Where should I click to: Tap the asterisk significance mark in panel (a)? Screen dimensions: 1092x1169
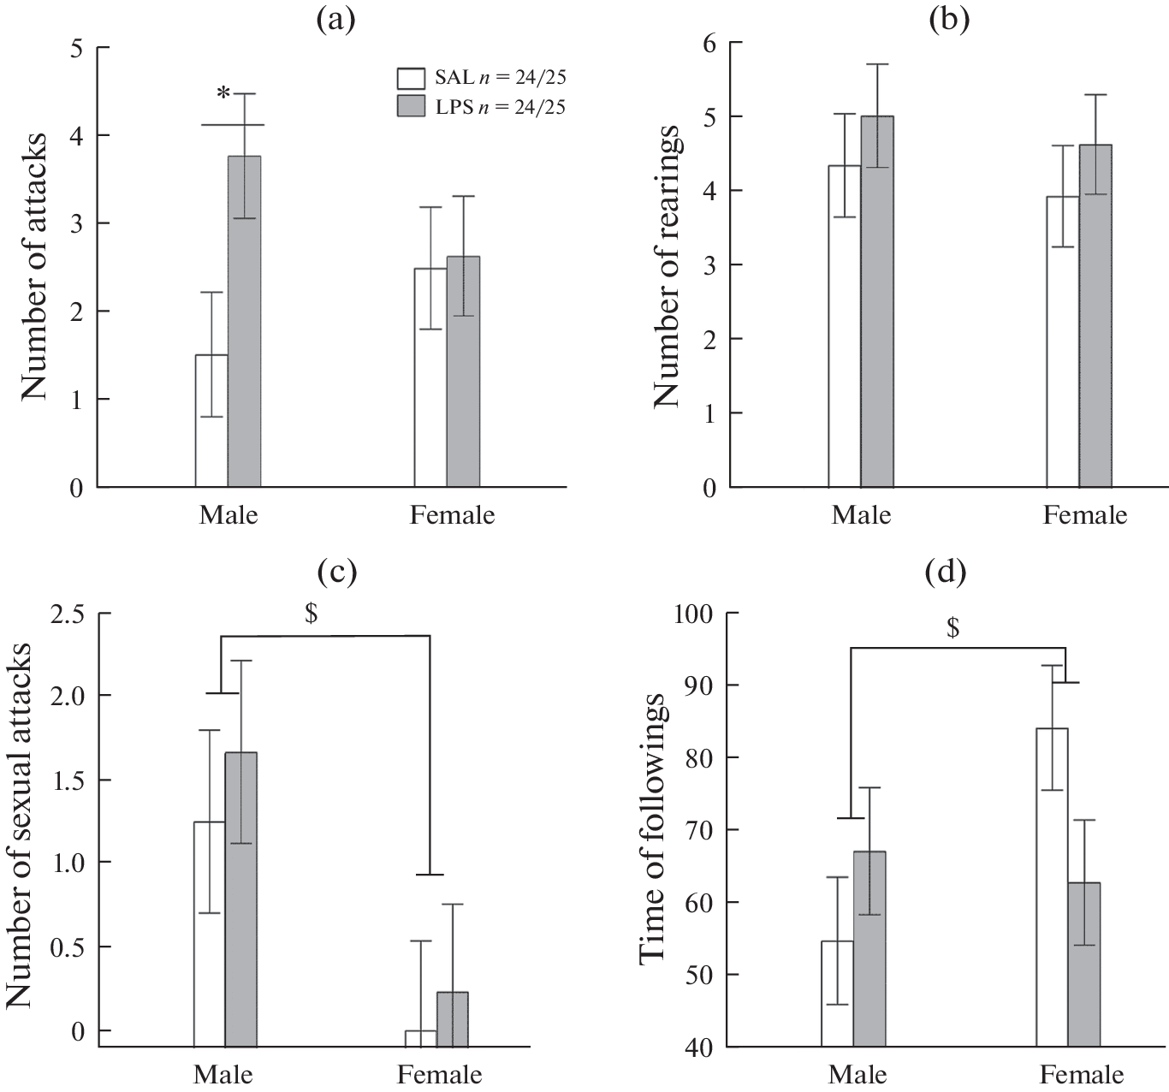tap(223, 95)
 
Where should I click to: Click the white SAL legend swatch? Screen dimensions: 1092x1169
tap(411, 78)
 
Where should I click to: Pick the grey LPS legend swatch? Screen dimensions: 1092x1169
tap(411, 107)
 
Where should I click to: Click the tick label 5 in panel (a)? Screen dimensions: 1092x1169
tap(77, 48)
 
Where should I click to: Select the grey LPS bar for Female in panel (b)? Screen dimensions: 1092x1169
tap(1095, 316)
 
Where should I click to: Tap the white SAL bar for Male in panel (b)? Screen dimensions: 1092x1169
tap(844, 326)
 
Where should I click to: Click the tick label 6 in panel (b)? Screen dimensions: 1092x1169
tap(710, 43)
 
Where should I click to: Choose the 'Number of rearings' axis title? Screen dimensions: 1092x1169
tap(668, 267)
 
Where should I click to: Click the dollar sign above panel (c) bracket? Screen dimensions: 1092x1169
tap(311, 615)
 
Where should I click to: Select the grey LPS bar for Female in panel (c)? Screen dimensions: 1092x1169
tap(453, 1018)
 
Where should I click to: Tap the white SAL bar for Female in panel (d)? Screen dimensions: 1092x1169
tap(1052, 887)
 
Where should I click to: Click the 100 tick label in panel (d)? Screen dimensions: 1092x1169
tap(698, 614)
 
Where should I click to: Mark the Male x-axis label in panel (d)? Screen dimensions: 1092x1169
tap(858, 1075)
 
